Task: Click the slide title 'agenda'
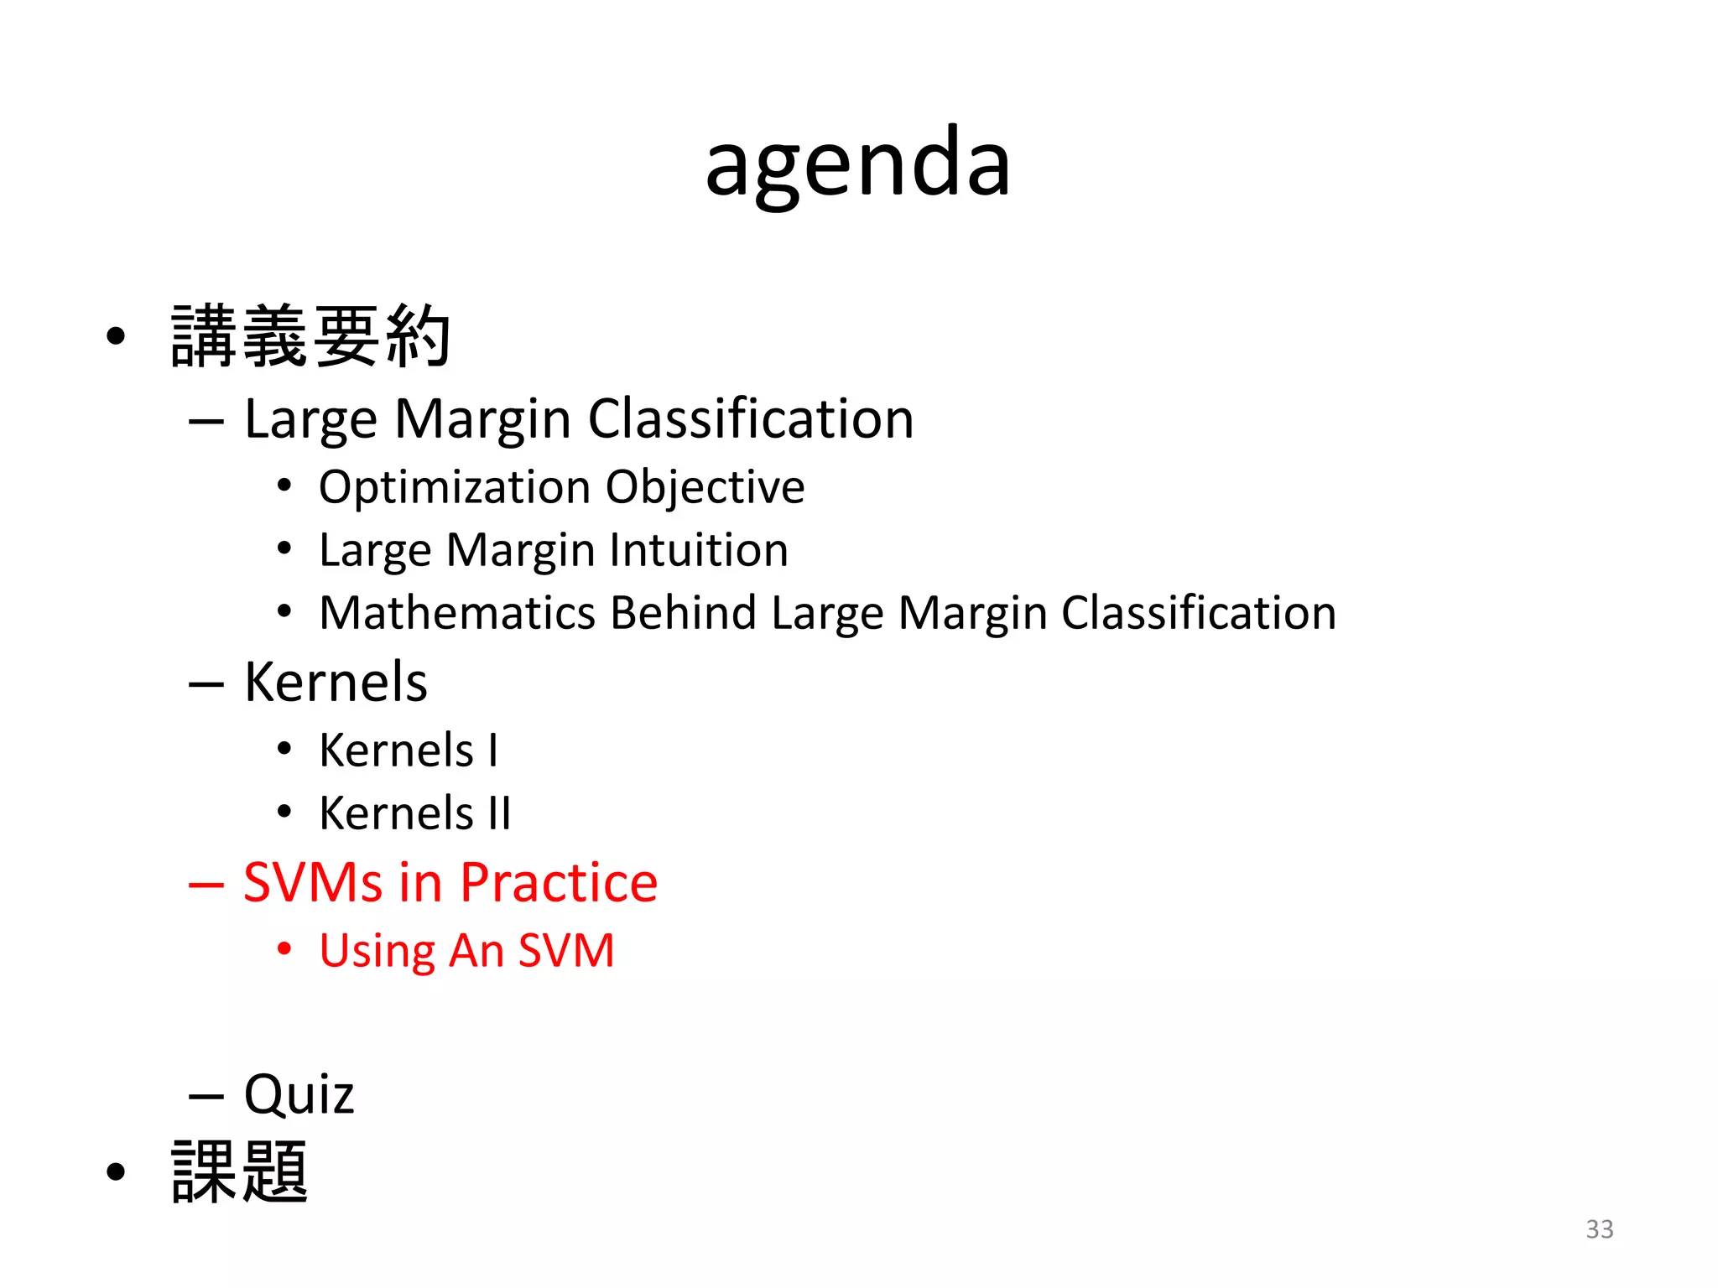tap(857, 164)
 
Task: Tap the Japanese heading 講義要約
tap(310, 336)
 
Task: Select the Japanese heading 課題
tap(240, 1171)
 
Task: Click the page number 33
tap(1599, 1228)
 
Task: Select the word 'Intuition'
tap(699, 550)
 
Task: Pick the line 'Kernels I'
tap(409, 750)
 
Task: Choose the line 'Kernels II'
tap(415, 813)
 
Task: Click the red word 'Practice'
tap(559, 882)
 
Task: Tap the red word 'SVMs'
tap(313, 882)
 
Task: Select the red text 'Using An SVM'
tap(466, 951)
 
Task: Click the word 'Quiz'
tap(299, 1094)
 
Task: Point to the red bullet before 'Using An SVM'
tap(284, 949)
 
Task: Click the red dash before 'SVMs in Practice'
tap(206, 885)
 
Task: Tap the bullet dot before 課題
tap(116, 1171)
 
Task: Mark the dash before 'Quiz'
tap(206, 1096)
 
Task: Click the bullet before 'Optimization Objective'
tap(284, 486)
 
